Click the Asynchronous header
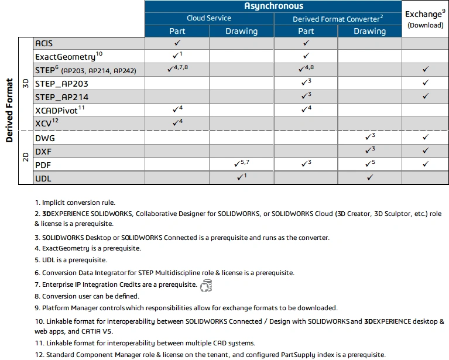pos(273,6)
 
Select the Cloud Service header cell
pos(209,18)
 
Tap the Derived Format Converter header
pos(338,19)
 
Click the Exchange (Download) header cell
pos(425,19)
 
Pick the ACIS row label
pos(44,43)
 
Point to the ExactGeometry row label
pos(68,56)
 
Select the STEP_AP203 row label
pos(61,84)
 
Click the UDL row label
pos(44,177)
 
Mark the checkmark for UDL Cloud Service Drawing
pos(240,177)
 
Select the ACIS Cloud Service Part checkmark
pos(177,43)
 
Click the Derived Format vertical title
pos(9,111)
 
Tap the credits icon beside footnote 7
pos(205,286)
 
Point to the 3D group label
pos(25,83)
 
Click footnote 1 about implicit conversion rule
pos(75,203)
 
